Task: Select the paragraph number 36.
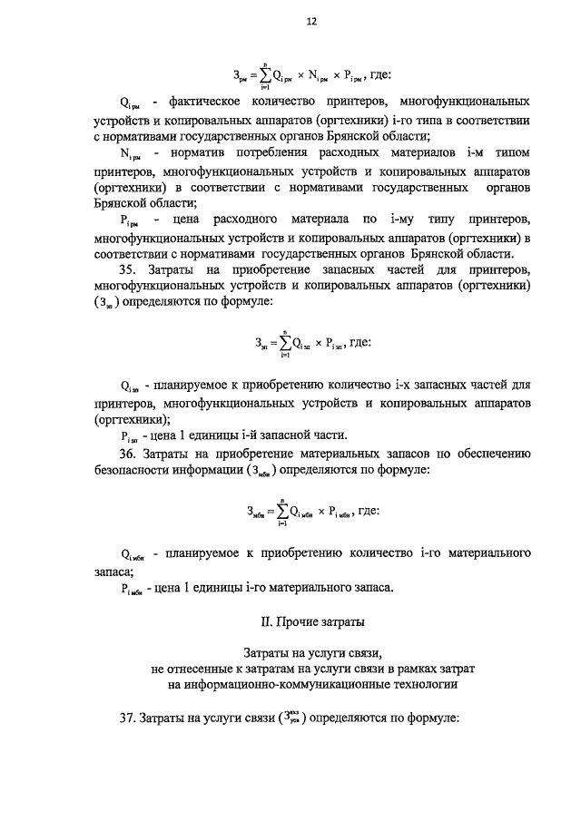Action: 129,453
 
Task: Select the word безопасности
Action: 136,471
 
